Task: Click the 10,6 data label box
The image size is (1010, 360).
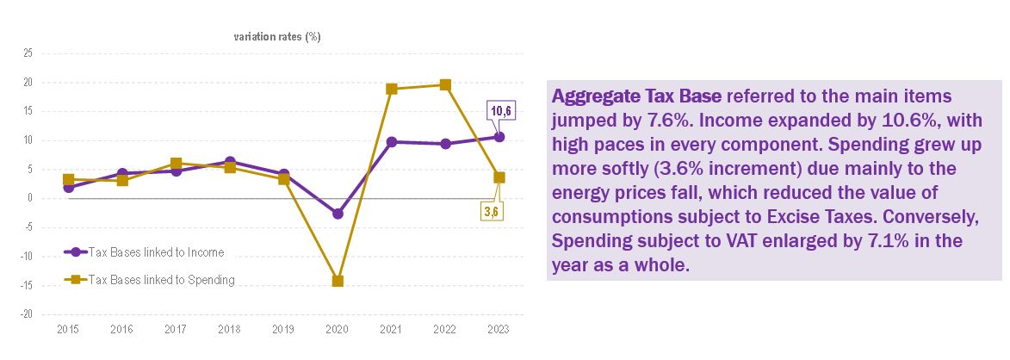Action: [501, 111]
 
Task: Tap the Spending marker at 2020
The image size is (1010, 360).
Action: [338, 281]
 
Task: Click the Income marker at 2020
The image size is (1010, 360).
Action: [338, 214]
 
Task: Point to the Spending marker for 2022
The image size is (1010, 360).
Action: [445, 84]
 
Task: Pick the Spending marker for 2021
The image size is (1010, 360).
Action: [392, 89]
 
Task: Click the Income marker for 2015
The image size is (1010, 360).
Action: [68, 187]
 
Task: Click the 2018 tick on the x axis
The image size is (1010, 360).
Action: [230, 330]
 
